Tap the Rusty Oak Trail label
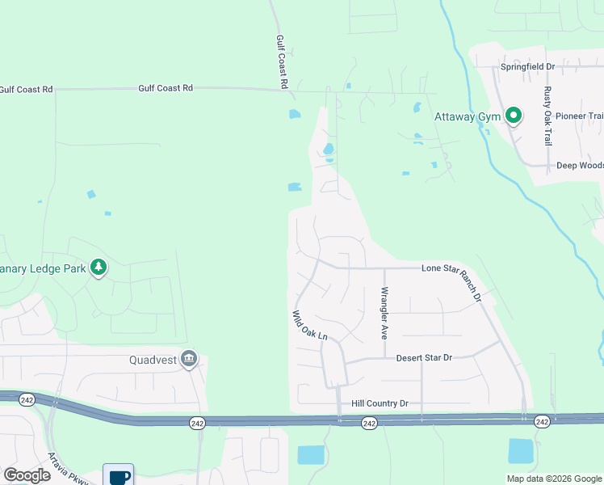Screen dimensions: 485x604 click(x=547, y=115)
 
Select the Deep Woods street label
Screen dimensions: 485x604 click(x=580, y=166)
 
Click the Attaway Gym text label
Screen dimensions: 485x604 click(x=468, y=116)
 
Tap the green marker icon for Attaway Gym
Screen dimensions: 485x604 click(x=513, y=116)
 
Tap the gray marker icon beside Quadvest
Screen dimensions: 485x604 click(x=189, y=359)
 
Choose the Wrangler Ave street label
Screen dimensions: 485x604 click(x=384, y=312)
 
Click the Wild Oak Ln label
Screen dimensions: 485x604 click(x=310, y=325)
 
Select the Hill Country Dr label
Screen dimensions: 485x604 click(x=380, y=403)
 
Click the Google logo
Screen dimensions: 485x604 click(x=27, y=475)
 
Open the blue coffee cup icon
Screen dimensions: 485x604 click(x=118, y=475)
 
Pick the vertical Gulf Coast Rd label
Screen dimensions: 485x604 click(x=282, y=61)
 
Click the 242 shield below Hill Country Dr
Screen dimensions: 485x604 click(x=369, y=423)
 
